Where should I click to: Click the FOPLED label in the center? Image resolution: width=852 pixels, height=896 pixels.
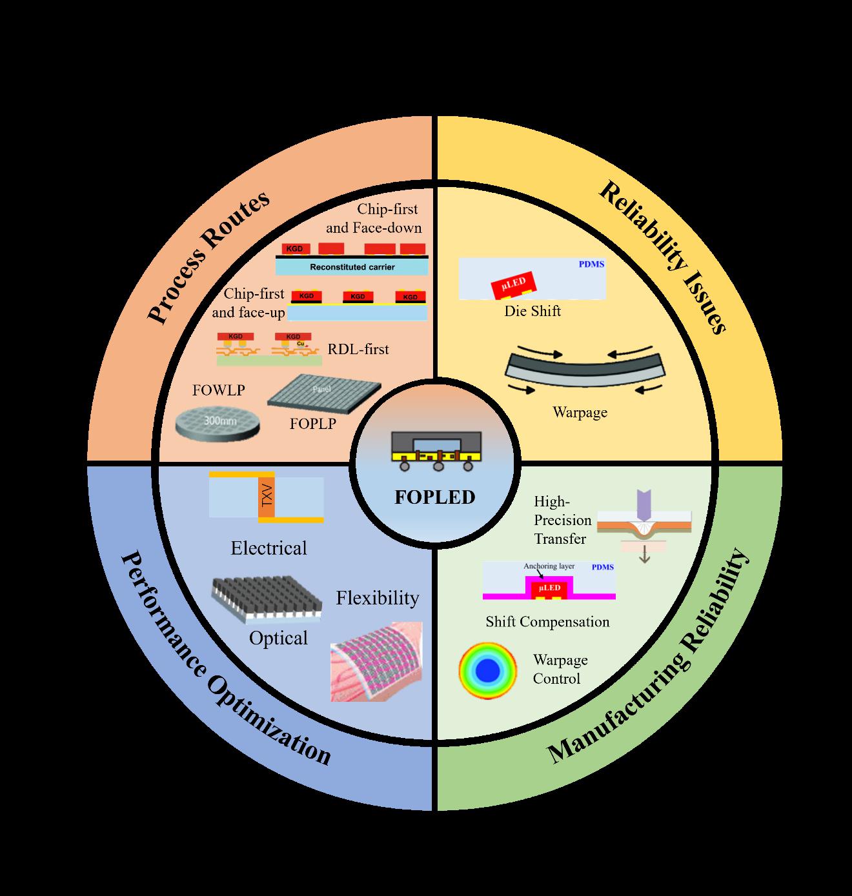434,497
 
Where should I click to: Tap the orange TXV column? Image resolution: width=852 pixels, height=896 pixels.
266,497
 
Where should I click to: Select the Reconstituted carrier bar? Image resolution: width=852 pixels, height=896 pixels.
352,266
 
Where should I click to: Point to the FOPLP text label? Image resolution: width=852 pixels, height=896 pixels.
312,424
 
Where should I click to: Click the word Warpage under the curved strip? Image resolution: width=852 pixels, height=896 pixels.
580,412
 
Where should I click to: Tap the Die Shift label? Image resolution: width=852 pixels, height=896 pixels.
532,311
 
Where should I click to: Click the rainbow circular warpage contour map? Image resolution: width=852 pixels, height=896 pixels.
488,671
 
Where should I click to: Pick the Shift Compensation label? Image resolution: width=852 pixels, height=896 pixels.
547,622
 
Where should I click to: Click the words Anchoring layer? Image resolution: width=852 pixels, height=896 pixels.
549,566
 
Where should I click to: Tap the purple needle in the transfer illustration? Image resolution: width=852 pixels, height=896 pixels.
644,505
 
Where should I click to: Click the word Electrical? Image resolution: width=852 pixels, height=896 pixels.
269,548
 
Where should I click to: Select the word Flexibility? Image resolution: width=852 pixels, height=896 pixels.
377,598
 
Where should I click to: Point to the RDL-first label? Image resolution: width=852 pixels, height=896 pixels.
358,350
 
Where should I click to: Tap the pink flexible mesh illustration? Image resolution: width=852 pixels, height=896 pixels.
376,661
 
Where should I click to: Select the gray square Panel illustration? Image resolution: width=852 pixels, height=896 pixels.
324,393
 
